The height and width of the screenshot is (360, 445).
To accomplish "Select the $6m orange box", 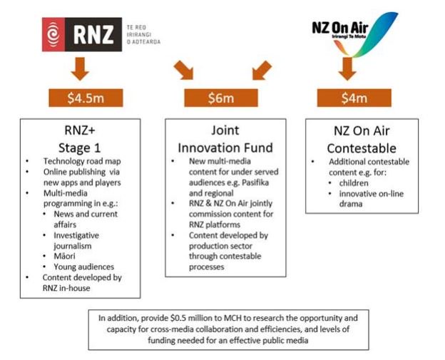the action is (220, 97).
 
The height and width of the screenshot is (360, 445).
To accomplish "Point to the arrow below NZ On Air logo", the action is (347, 67).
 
